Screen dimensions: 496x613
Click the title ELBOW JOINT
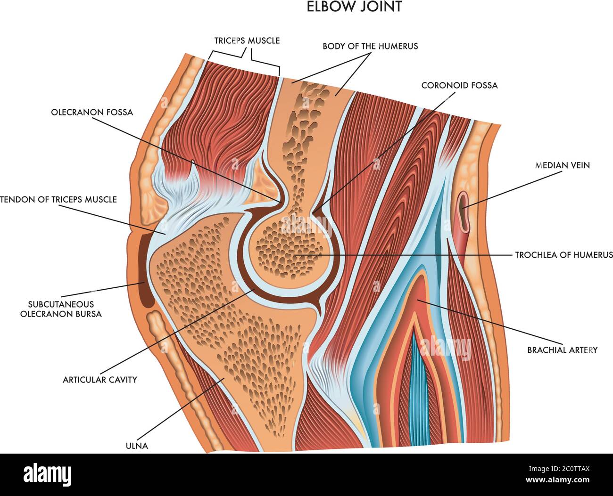coord(354,7)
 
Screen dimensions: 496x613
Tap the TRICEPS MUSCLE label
coord(247,41)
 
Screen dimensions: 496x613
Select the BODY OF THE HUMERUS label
coord(370,46)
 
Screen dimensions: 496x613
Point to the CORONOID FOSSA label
coord(459,85)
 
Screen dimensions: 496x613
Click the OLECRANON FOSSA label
coord(92,112)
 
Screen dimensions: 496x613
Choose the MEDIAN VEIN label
coord(563,165)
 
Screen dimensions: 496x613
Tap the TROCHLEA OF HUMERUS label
coord(563,255)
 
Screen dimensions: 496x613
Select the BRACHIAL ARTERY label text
coord(562,350)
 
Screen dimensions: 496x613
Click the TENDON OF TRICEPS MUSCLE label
coord(58,199)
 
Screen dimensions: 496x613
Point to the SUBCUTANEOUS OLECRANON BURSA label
coord(61,309)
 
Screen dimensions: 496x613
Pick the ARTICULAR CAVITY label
coord(100,379)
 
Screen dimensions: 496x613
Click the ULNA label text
coord(137,446)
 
